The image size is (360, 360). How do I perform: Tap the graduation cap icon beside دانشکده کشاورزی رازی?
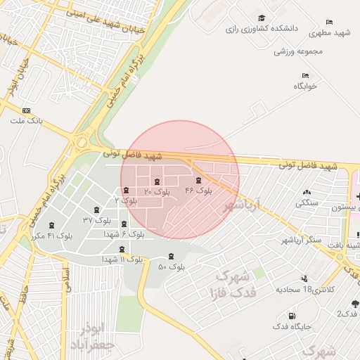(x=262, y=18)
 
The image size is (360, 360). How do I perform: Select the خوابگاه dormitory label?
(x=306, y=86)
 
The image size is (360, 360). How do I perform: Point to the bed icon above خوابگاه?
(x=305, y=75)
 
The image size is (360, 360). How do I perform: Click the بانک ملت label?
(x=26, y=121)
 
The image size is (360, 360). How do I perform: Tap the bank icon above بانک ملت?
(x=27, y=110)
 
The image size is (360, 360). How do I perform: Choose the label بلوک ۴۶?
(x=198, y=191)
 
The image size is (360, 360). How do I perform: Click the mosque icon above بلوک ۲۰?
(x=157, y=181)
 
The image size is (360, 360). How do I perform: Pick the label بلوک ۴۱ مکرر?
(x=51, y=235)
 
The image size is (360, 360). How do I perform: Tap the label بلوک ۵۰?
(x=172, y=267)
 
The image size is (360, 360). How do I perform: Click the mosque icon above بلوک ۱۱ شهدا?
(x=122, y=249)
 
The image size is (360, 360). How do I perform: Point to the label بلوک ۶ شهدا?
(x=124, y=233)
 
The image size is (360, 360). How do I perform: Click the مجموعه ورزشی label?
(x=298, y=51)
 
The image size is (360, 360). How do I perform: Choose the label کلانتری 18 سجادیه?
(x=305, y=289)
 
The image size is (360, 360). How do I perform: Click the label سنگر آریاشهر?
(x=300, y=240)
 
